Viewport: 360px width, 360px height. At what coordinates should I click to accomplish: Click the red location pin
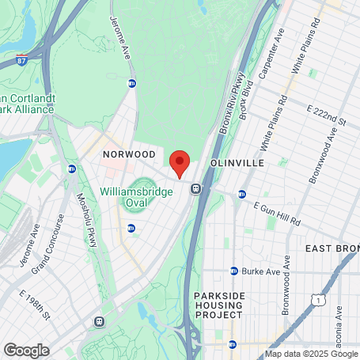[x=180, y=162]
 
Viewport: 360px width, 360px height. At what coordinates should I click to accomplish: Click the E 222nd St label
[x=328, y=115]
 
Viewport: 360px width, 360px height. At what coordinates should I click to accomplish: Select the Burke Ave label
[x=261, y=271]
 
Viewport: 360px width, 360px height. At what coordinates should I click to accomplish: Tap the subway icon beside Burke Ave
[x=234, y=271]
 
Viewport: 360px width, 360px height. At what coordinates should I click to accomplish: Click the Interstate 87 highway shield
[x=21, y=59]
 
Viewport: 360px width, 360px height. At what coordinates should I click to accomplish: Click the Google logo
[x=26, y=350]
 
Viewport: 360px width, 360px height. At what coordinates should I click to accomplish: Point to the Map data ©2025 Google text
[x=311, y=354]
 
